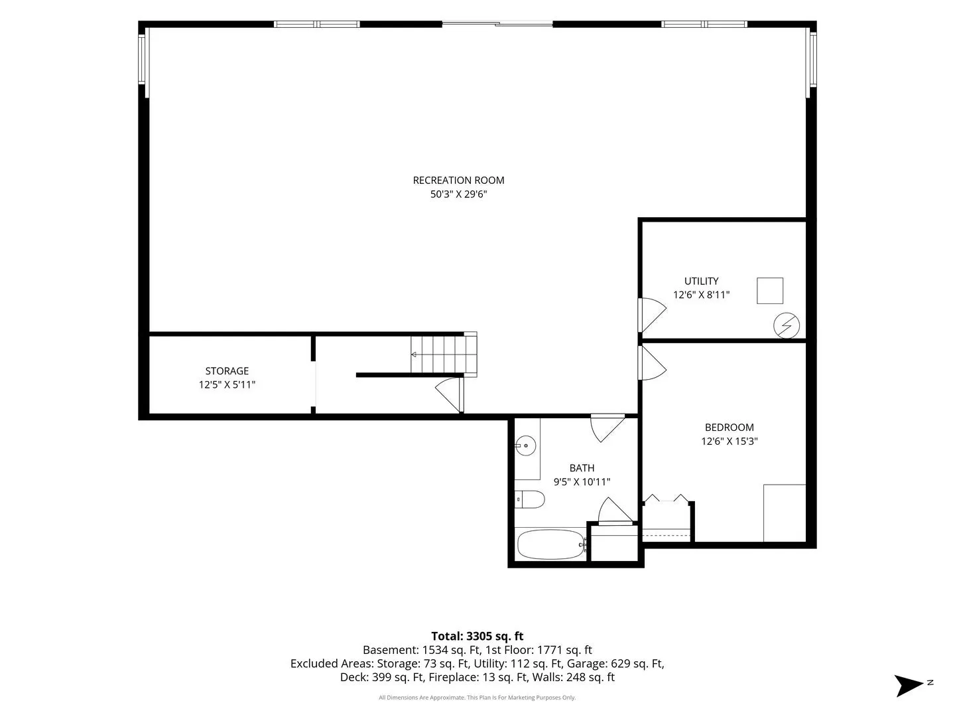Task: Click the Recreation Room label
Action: click(x=458, y=180)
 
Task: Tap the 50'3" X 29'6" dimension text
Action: click(x=458, y=194)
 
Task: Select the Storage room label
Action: click(x=227, y=371)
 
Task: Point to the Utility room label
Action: click(x=702, y=281)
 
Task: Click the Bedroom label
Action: click(x=730, y=428)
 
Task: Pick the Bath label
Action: click(x=582, y=468)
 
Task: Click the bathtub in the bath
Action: click(x=552, y=544)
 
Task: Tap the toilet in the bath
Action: click(x=529, y=499)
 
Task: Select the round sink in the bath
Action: click(x=525, y=445)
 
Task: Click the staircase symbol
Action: click(x=444, y=355)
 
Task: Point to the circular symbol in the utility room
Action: click(x=786, y=325)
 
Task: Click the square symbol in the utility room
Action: click(x=770, y=290)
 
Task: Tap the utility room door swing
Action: click(x=652, y=315)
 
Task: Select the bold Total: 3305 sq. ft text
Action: click(x=477, y=636)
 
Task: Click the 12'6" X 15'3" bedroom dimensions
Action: click(x=730, y=441)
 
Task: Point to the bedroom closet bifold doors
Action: click(x=666, y=499)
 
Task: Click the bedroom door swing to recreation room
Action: click(x=652, y=362)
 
